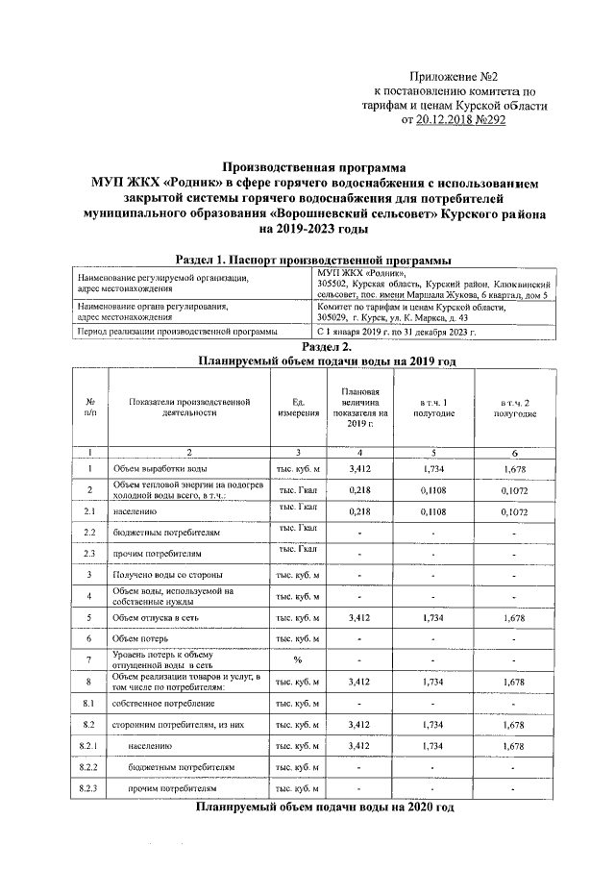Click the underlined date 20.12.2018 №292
click(x=460, y=121)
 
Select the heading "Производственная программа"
click(x=307, y=166)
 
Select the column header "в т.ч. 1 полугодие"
click(x=433, y=406)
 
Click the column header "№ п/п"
click(x=88, y=406)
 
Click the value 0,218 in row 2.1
click(x=359, y=512)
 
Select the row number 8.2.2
click(x=88, y=767)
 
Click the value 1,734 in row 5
click(x=433, y=616)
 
